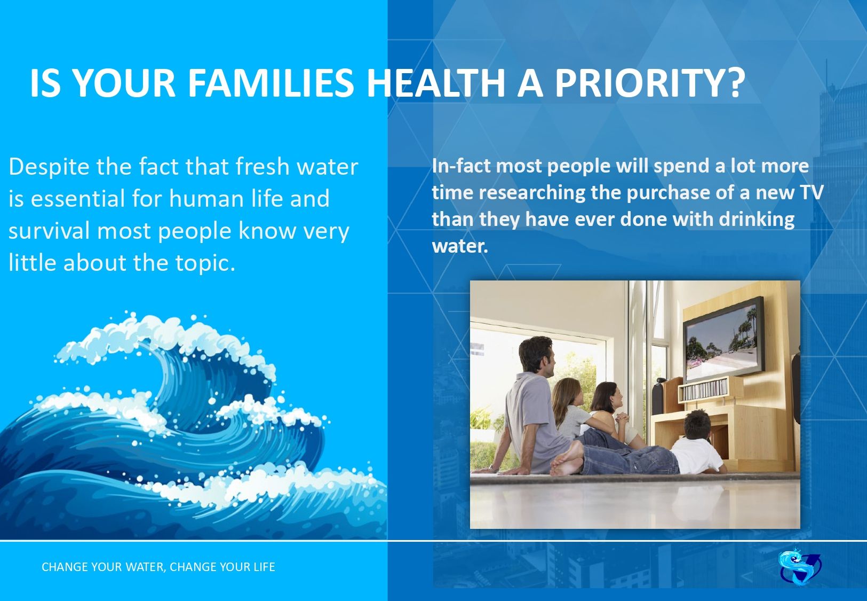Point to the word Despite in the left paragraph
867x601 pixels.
[50, 167]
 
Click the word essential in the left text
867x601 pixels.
[77, 198]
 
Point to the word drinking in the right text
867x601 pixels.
[757, 220]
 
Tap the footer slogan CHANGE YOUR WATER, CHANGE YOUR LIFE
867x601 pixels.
[158, 567]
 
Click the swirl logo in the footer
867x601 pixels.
[800, 567]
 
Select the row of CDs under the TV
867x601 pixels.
[704, 389]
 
